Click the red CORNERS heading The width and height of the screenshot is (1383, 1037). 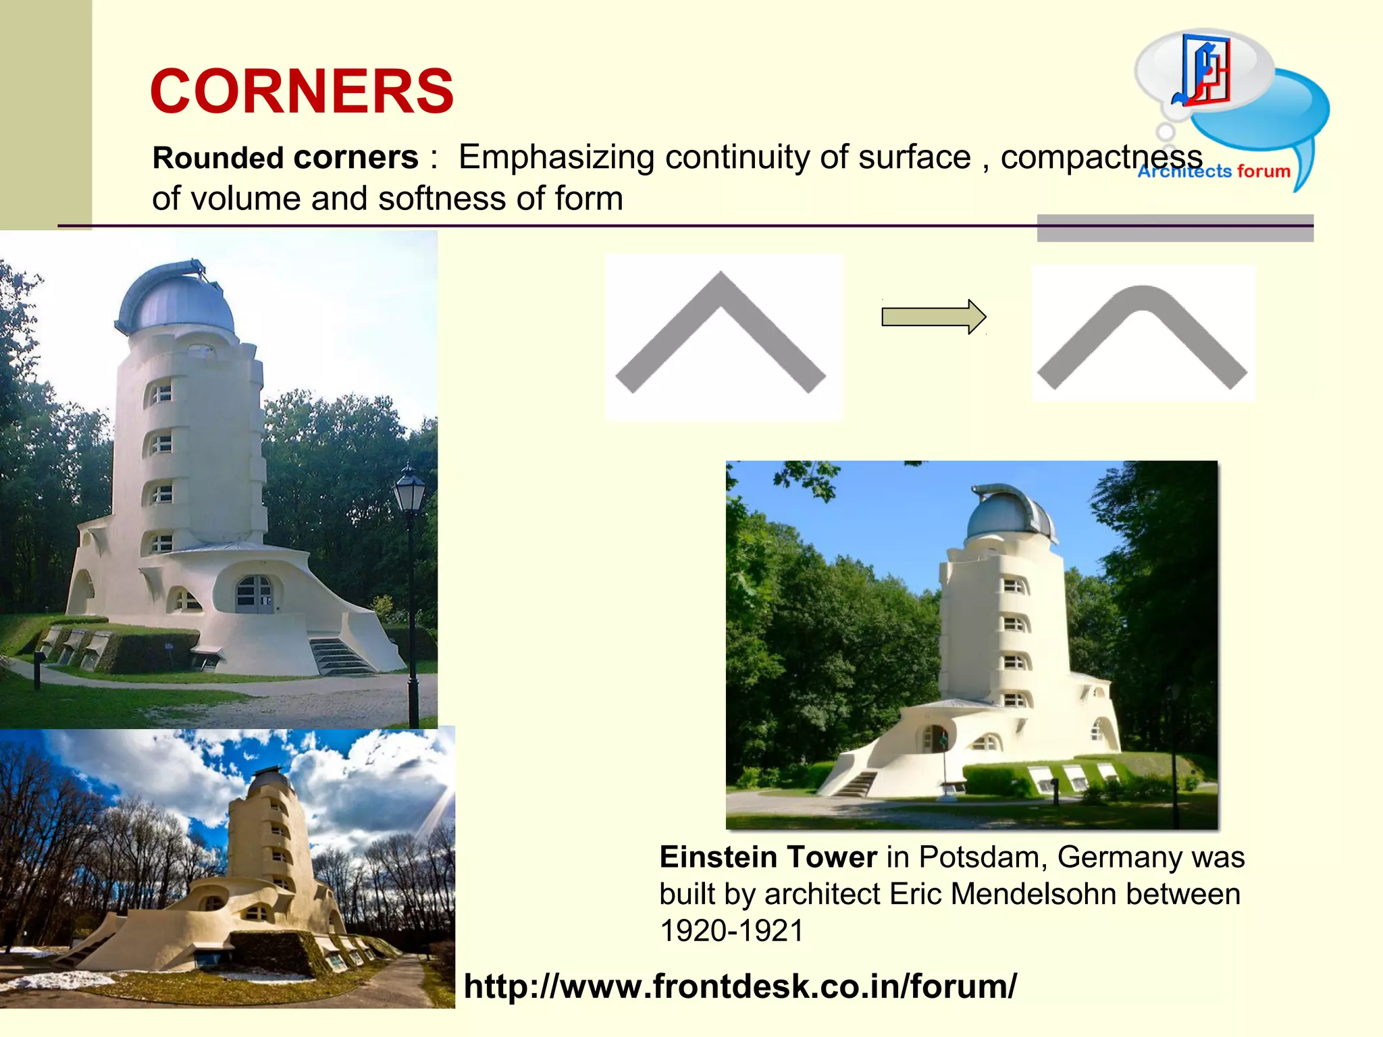302,92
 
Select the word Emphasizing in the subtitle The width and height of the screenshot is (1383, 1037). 556,157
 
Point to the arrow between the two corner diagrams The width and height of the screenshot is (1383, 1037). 933,317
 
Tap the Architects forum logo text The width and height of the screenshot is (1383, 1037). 1214,171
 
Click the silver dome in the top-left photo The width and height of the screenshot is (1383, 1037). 177,300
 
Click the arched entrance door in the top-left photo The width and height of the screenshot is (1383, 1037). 255,593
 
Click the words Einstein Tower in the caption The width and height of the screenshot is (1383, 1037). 768,857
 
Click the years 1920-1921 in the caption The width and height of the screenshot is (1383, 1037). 731,931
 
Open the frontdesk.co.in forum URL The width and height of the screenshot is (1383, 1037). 739,986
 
